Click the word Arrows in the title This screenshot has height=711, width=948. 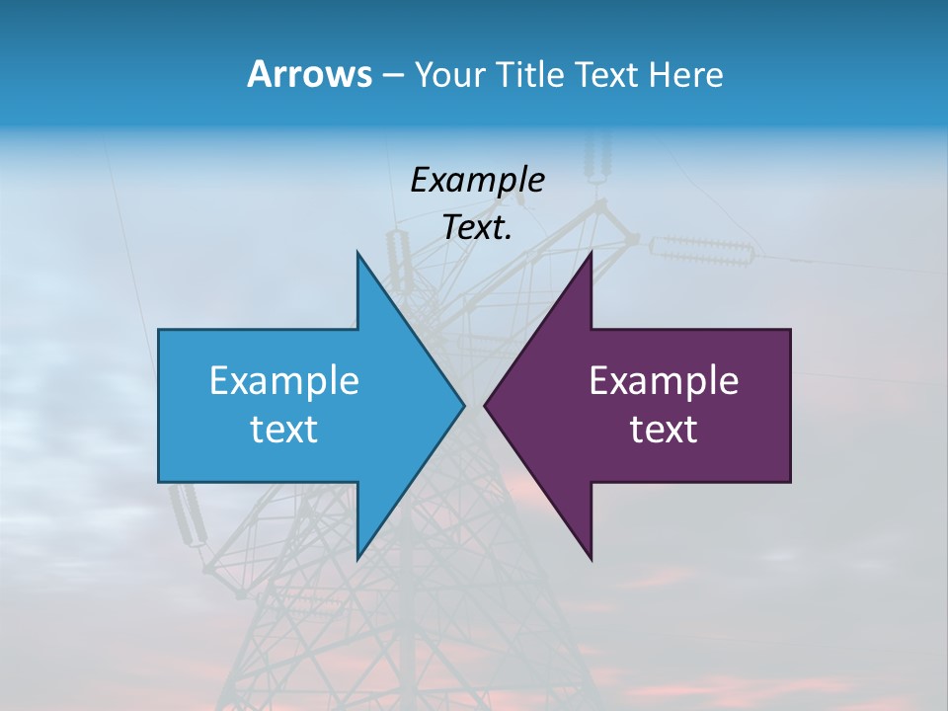pyautogui.click(x=309, y=74)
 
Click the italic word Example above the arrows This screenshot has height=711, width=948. pyautogui.click(x=477, y=180)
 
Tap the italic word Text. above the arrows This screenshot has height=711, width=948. pyautogui.click(x=475, y=228)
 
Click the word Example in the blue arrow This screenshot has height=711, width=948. pyautogui.click(x=284, y=380)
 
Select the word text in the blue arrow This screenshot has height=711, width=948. pyautogui.click(x=284, y=429)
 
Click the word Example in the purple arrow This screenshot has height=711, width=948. pyautogui.click(x=664, y=380)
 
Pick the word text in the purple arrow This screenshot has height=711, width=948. pyautogui.click(x=664, y=429)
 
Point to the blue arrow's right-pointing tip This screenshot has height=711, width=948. pyautogui.click(x=463, y=405)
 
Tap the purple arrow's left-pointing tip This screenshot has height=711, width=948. pyautogui.click(x=486, y=405)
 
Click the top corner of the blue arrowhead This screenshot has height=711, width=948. pyautogui.click(x=358, y=253)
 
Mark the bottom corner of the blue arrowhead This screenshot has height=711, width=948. pyautogui.click(x=358, y=558)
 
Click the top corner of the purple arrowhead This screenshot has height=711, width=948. pyautogui.click(x=591, y=253)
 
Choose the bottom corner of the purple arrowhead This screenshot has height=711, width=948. pyautogui.click(x=591, y=558)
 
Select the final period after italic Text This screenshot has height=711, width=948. pyautogui.click(x=509, y=237)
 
